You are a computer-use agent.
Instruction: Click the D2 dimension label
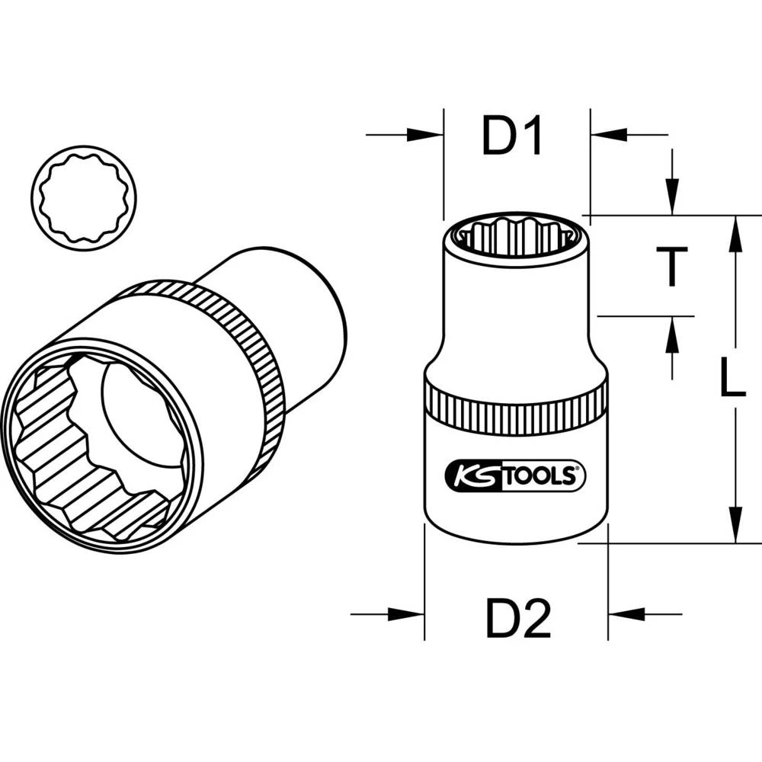[518, 619]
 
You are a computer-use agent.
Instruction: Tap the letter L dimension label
[732, 379]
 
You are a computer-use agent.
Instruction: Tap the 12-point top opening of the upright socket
[516, 232]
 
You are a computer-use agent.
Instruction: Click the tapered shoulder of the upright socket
[517, 358]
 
